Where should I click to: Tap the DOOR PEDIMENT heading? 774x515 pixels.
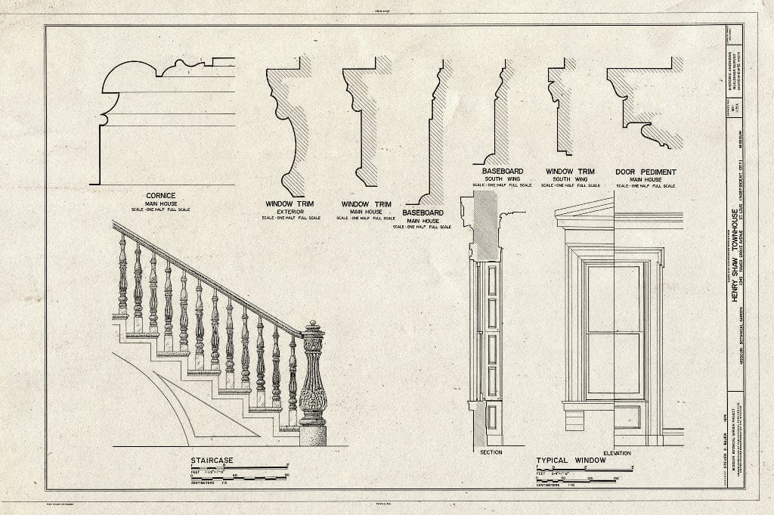tap(646, 172)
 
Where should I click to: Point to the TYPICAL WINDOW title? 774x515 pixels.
tap(568, 460)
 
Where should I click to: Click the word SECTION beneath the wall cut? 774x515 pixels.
tap(491, 452)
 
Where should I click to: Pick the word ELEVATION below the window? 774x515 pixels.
tap(617, 452)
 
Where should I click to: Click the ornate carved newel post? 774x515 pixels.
tap(312, 382)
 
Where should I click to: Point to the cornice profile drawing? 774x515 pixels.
tap(163, 121)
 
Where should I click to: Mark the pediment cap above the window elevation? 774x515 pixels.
tap(584, 213)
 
